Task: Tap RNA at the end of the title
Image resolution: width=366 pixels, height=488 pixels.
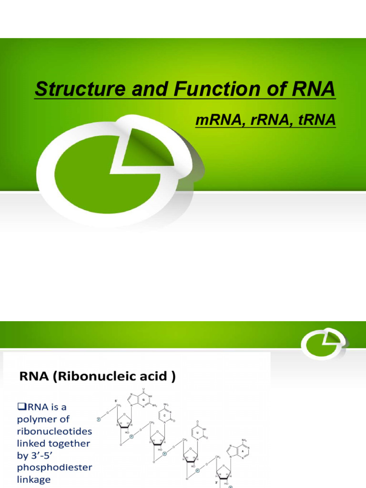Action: coord(310,90)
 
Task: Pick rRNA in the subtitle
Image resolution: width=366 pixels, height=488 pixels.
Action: coord(264,121)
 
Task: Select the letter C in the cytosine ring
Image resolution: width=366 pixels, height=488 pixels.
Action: coord(164,416)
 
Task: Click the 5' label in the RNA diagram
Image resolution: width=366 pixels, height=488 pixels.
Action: coord(116,400)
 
